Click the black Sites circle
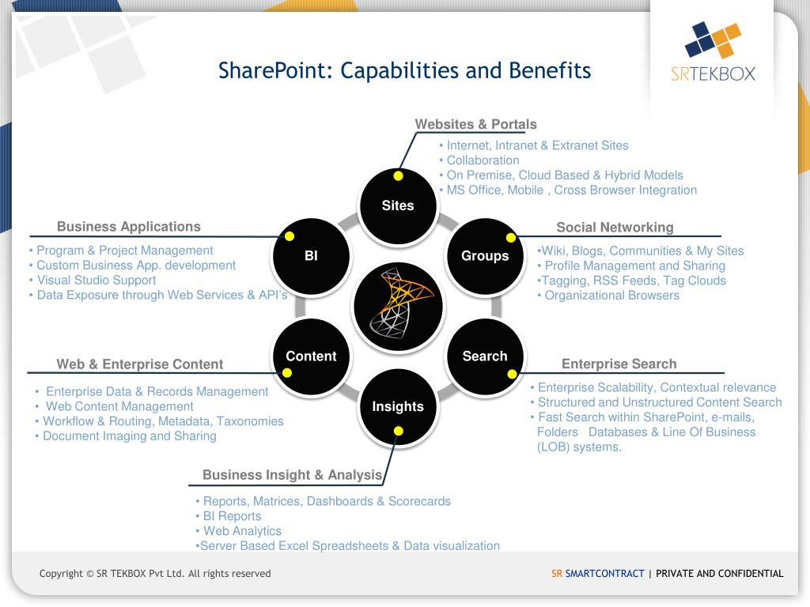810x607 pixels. (x=398, y=205)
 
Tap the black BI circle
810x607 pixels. (x=311, y=255)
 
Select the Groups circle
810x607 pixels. (x=485, y=255)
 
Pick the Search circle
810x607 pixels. (x=485, y=356)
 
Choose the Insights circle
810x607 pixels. (x=398, y=406)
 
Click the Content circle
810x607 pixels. (x=311, y=356)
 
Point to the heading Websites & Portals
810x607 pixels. (x=475, y=124)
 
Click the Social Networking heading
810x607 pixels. (x=615, y=228)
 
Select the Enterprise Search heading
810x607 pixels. (x=619, y=364)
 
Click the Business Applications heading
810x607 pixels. (x=129, y=227)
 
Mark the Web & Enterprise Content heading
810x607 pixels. (x=140, y=364)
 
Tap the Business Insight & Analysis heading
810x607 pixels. (x=292, y=475)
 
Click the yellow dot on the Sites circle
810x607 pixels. (x=398, y=175)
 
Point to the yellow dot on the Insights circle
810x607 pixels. (x=398, y=431)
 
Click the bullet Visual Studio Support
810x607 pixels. (x=96, y=281)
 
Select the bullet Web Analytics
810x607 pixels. (x=242, y=531)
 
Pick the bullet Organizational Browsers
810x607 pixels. (x=611, y=296)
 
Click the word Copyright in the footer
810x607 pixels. (x=62, y=574)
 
